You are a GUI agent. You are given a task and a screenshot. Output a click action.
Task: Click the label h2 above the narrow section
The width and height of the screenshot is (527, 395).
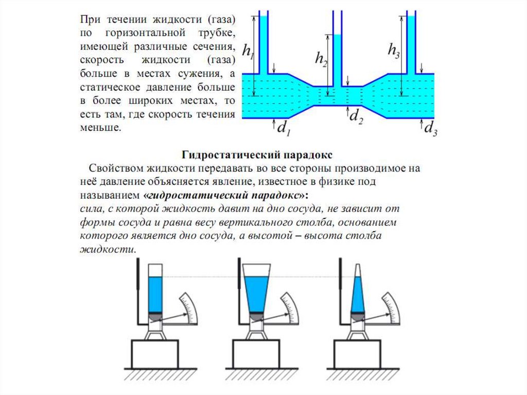(x=321, y=58)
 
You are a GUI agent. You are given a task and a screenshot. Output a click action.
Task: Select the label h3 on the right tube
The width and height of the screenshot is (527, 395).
(x=394, y=50)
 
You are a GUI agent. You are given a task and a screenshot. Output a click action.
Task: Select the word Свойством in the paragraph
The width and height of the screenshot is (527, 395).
(x=116, y=168)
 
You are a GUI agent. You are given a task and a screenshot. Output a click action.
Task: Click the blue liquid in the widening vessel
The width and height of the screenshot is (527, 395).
(x=256, y=294)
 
